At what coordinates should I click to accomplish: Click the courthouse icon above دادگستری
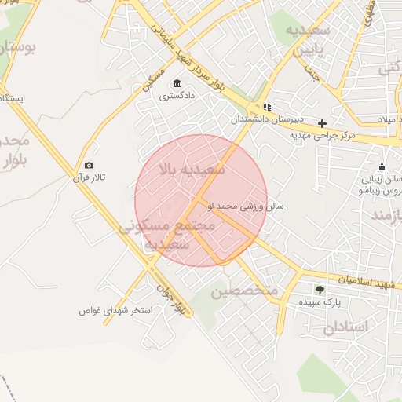tap(176, 84)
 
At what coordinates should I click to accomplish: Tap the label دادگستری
tap(177, 97)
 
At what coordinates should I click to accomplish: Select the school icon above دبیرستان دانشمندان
tap(267, 107)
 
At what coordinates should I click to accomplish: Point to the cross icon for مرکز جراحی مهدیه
tap(322, 123)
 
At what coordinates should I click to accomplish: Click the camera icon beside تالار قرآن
tap(89, 166)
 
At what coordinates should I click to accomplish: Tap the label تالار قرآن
tap(89, 178)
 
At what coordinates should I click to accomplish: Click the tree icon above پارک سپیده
tap(320, 290)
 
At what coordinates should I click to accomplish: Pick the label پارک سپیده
tap(320, 302)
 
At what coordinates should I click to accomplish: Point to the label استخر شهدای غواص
tap(115, 310)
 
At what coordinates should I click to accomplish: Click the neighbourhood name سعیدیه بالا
tap(192, 169)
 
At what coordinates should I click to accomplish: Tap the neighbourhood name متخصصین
tap(244, 291)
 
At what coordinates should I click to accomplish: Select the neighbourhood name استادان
tap(345, 326)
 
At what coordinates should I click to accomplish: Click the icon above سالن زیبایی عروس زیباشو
tap(382, 166)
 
